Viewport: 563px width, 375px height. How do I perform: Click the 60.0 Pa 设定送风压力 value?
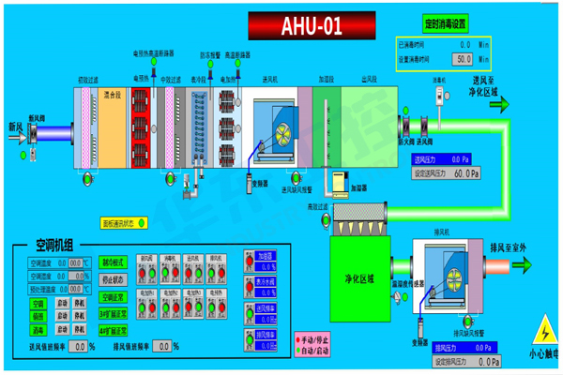pos(466,172)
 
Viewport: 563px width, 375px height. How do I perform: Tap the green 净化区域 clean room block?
pos(360,278)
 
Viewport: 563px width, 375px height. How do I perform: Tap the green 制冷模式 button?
pos(113,264)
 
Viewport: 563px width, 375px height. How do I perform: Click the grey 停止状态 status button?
pos(113,278)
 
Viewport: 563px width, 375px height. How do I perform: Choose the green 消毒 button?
pos(38,330)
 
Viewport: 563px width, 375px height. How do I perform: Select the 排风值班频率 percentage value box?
pos(163,347)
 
